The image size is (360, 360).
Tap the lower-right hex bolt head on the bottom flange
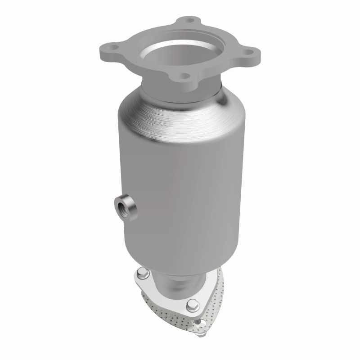[193, 304]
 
